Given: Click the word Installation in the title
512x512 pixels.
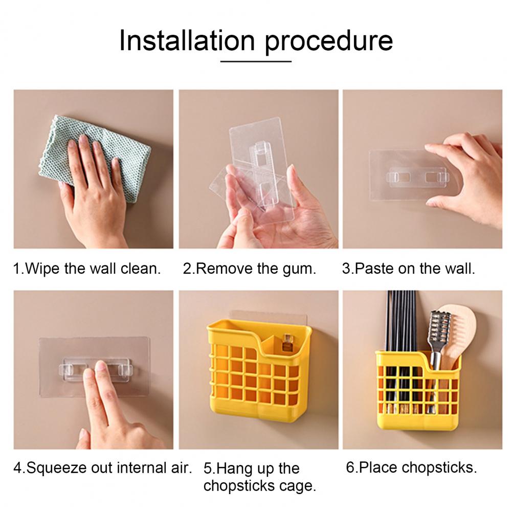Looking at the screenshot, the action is [x=187, y=40].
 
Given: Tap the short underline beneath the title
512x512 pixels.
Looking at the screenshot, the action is [x=256, y=61].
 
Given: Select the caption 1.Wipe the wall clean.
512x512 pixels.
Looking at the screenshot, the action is [x=87, y=269].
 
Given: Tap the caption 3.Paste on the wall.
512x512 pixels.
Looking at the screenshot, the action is [x=409, y=269].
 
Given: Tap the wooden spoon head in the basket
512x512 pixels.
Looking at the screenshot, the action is [x=457, y=330].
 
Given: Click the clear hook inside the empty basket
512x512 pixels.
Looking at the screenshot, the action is [x=287, y=342].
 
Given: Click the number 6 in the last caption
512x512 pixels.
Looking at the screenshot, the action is [x=350, y=468].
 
